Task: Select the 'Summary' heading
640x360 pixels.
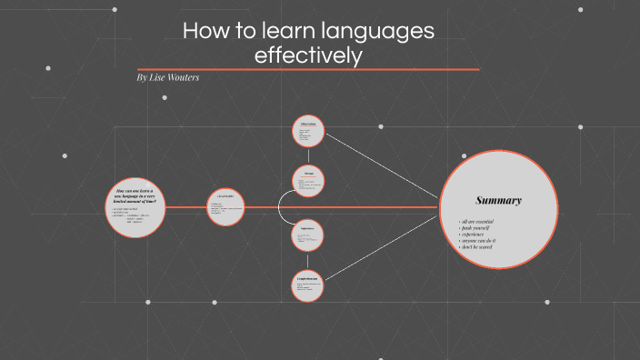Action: coord(499,200)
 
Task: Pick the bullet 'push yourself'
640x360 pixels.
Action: coord(480,228)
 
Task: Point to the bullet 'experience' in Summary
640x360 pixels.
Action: coord(477,235)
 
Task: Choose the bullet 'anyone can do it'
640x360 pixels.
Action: coord(483,241)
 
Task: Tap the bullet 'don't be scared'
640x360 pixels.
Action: coord(483,247)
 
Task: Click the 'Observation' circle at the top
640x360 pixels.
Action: coord(309,133)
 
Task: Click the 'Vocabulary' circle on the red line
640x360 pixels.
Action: coord(225,208)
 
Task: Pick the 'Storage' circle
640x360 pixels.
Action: coord(309,183)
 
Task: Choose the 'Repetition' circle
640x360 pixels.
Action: coord(308,235)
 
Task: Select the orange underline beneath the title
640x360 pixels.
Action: coord(308,69)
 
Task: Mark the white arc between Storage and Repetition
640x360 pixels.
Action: coord(280,208)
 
